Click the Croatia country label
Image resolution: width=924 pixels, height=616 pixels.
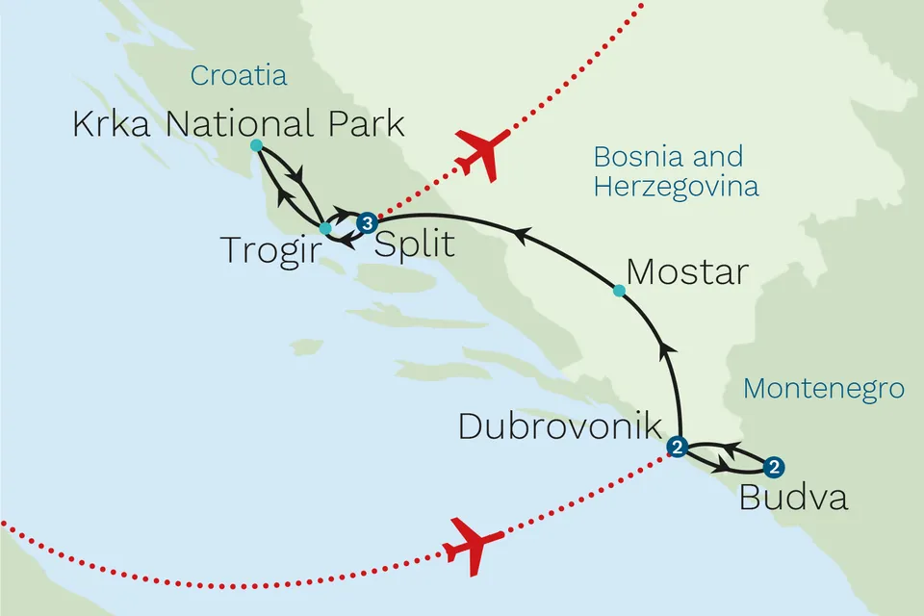239,76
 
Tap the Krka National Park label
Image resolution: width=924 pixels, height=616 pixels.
239,125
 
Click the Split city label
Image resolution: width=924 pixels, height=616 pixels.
414,244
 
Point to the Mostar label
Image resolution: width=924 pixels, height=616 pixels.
686,272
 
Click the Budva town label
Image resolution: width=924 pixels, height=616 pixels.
794,499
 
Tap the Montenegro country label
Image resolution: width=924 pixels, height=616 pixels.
824,389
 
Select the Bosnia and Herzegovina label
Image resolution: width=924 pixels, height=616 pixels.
676,171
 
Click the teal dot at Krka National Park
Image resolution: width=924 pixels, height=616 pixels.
256,145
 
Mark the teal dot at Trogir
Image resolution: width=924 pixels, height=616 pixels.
325,229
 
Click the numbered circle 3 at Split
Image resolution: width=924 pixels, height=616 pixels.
366,224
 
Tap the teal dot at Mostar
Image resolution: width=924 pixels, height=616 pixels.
619,290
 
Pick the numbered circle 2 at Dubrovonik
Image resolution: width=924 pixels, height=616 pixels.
678,447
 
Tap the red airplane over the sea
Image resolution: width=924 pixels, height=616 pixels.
473,547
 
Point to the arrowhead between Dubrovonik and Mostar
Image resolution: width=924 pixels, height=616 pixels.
664,347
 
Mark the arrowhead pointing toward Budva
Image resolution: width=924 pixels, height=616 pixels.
719,469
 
